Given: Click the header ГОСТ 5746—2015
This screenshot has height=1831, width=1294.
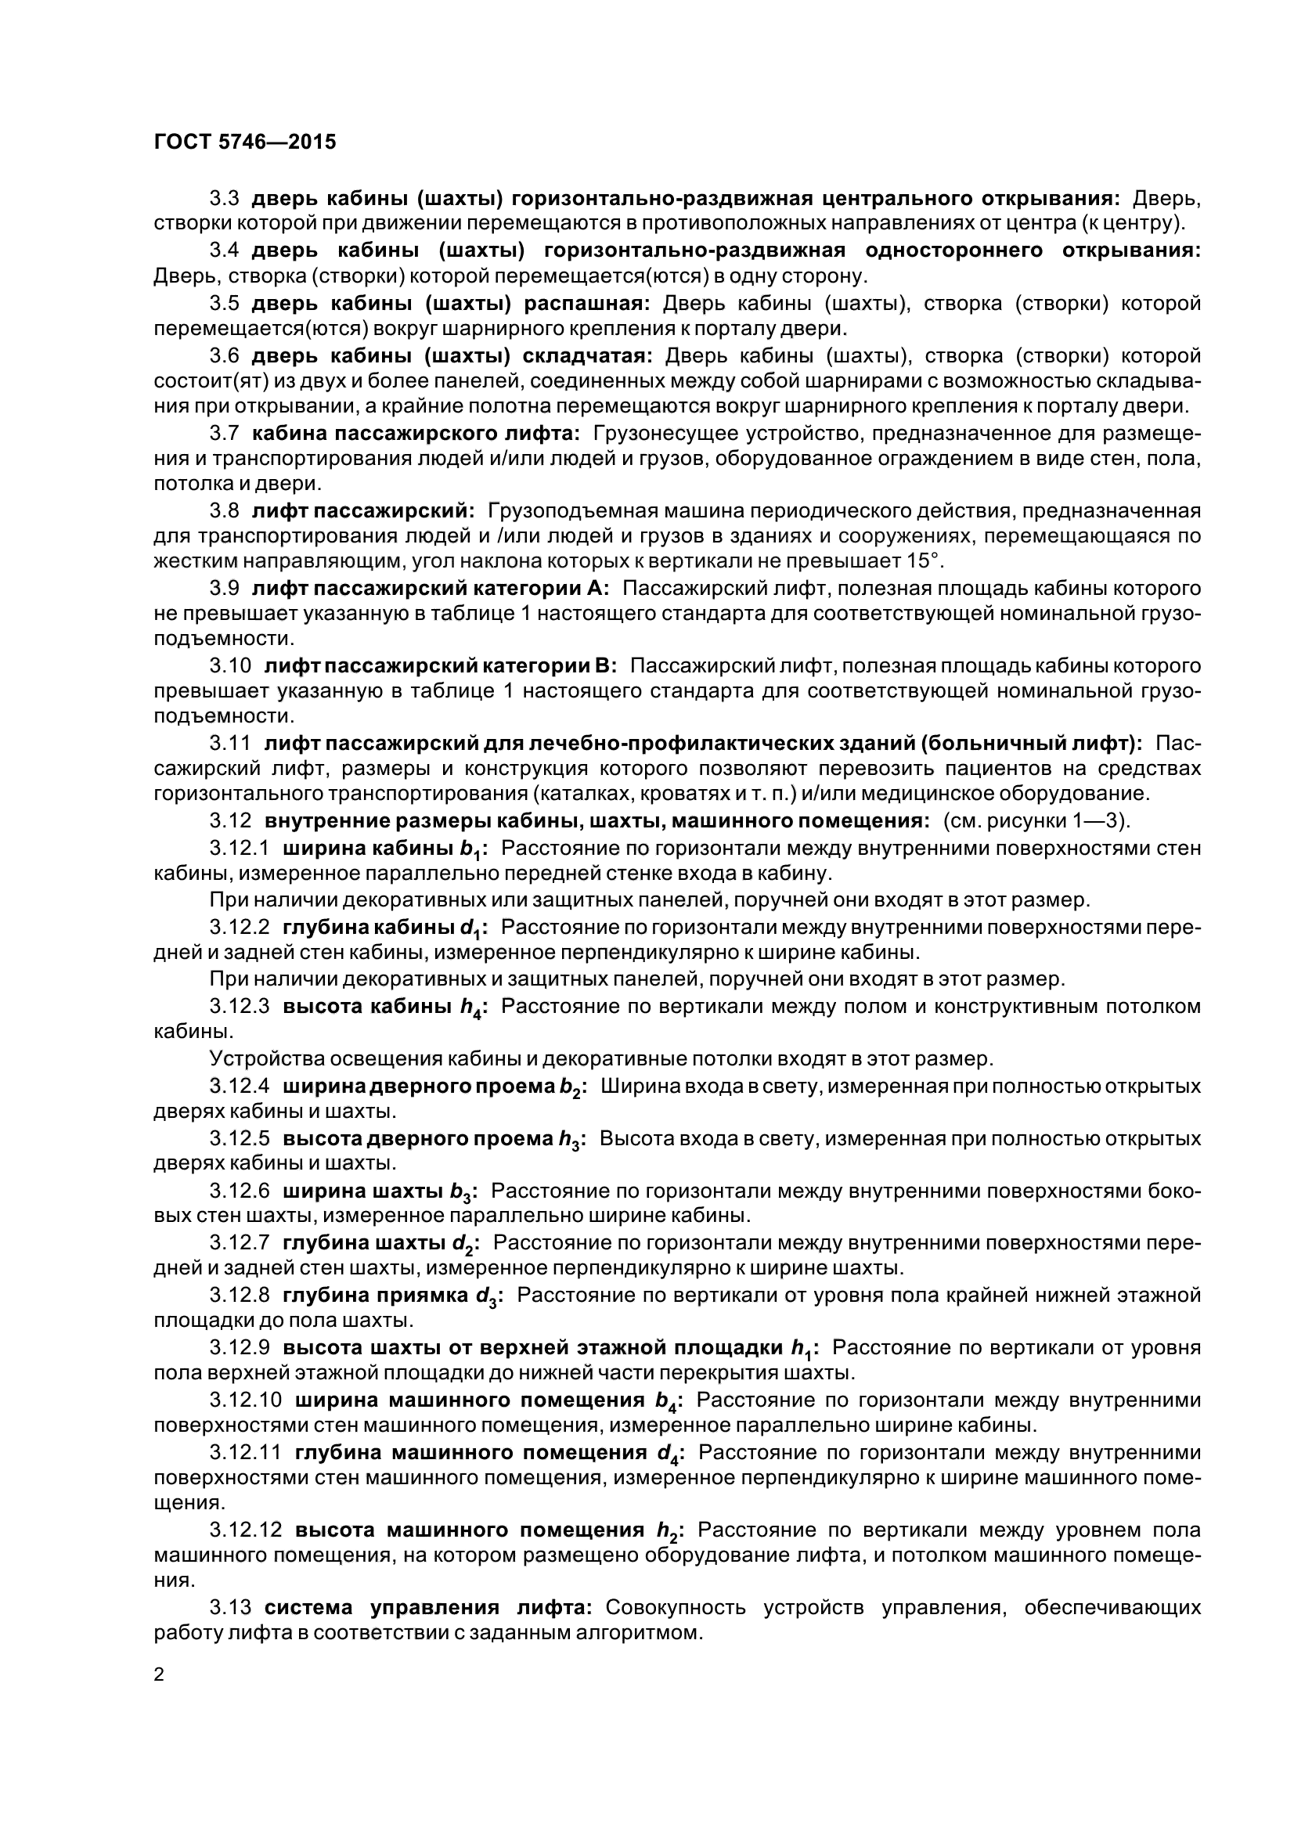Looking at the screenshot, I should (x=245, y=142).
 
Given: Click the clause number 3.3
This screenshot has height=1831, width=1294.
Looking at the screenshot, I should (x=224, y=197).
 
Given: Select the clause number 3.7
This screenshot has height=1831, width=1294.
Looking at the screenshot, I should (x=224, y=433).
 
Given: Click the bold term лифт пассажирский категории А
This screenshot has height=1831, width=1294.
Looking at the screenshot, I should (x=431, y=589).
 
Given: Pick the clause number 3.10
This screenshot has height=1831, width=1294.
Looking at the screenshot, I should (x=230, y=665).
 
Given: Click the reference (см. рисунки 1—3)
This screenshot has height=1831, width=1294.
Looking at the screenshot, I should (x=1037, y=820).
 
